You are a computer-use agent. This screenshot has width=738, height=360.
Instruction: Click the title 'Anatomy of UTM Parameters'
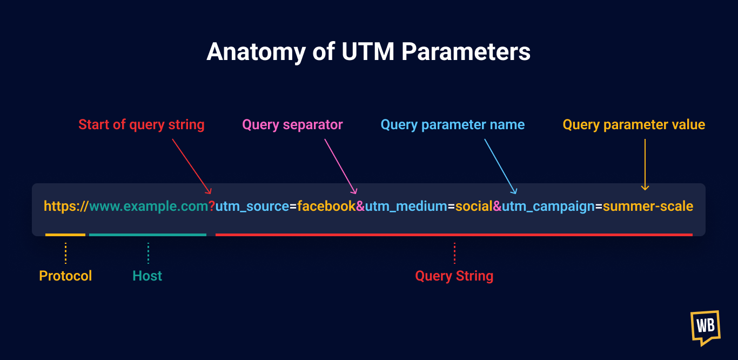click(368, 52)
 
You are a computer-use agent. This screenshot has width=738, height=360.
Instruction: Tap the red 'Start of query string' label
click(142, 125)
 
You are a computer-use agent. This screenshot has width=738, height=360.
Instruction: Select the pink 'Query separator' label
click(292, 125)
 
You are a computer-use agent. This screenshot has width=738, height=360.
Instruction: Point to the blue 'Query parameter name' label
click(453, 125)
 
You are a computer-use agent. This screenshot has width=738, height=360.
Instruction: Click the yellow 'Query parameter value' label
click(634, 125)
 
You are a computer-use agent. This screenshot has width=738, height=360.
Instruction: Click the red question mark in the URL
click(212, 206)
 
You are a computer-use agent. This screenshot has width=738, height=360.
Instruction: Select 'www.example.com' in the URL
click(149, 206)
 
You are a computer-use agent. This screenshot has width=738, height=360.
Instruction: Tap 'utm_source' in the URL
click(252, 206)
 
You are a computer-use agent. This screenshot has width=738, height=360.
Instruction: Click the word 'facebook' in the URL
click(326, 206)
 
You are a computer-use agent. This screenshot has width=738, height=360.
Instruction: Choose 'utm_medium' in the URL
click(406, 206)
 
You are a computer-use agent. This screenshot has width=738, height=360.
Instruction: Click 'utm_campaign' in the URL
click(548, 206)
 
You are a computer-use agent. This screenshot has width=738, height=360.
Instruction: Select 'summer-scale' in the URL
click(648, 206)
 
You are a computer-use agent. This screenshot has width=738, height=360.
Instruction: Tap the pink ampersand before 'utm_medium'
click(360, 206)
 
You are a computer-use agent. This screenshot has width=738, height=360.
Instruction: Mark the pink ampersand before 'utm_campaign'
click(497, 206)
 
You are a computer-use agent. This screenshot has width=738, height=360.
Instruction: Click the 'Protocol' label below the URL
click(65, 276)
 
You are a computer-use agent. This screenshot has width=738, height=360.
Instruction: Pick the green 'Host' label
click(147, 276)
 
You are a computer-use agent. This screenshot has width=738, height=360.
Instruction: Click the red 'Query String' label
click(454, 276)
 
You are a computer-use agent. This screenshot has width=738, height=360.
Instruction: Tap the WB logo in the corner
click(705, 327)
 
